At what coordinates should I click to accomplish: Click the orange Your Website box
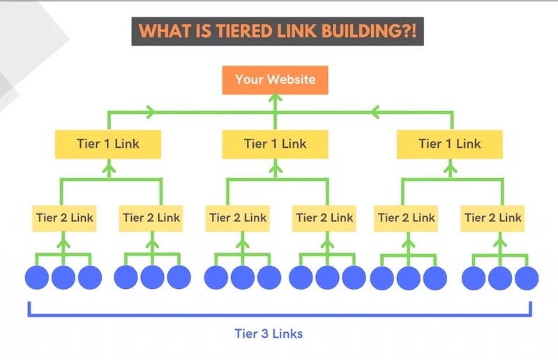(x=275, y=80)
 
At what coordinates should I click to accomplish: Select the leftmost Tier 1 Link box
(x=108, y=144)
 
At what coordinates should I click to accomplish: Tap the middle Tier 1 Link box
(x=275, y=144)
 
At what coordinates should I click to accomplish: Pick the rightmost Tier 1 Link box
(x=449, y=144)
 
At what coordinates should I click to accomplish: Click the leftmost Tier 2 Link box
(x=63, y=218)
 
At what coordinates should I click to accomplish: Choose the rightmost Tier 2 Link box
(x=492, y=218)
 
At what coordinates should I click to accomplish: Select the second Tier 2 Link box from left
(x=151, y=218)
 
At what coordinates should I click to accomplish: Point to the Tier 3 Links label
(x=268, y=333)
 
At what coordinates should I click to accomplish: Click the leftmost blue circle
(x=37, y=277)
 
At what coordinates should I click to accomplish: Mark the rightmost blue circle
(x=526, y=277)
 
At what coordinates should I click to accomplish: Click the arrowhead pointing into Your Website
(x=275, y=100)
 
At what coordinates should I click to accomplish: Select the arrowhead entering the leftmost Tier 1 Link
(x=108, y=165)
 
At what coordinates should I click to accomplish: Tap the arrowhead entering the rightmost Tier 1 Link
(x=449, y=165)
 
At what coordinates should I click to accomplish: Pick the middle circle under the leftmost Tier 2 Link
(x=63, y=277)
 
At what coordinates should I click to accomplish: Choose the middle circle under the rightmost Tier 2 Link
(x=499, y=277)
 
